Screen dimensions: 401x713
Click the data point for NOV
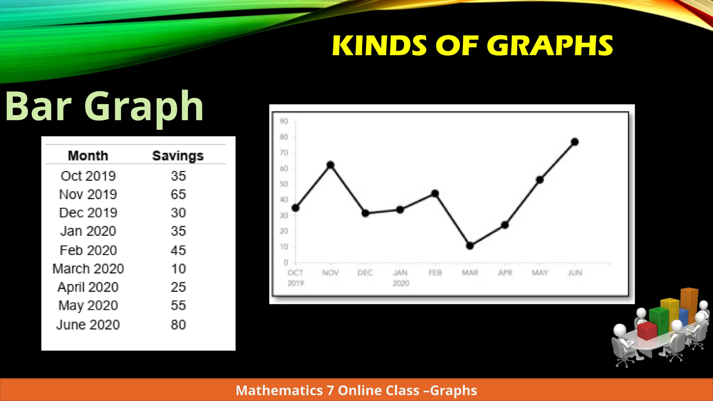click(330, 165)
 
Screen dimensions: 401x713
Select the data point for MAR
click(470, 246)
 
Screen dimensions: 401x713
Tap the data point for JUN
click(575, 142)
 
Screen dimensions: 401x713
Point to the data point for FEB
click(435, 194)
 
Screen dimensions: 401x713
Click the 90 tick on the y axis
click(284, 121)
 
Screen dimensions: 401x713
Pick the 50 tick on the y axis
click(284, 184)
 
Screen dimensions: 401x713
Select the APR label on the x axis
click(505, 273)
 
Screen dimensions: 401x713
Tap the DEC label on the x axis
click(365, 273)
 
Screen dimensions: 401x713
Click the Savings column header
click(178, 156)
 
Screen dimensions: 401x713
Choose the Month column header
click(88, 156)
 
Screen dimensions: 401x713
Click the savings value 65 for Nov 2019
click(178, 194)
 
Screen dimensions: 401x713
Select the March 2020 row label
click(88, 269)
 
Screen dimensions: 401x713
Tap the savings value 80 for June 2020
click(178, 325)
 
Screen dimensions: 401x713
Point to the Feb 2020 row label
click(88, 250)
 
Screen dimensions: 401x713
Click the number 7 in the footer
click(330, 391)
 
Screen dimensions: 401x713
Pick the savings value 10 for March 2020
click(178, 269)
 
